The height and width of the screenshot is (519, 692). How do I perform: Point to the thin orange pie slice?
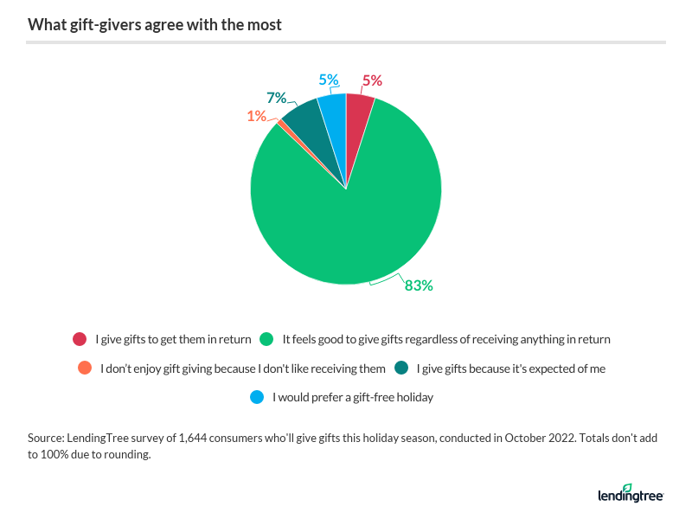pyautogui.click(x=281, y=125)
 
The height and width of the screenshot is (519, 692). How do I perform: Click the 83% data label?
pyautogui.click(x=419, y=285)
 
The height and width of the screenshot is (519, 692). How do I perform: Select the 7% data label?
pyautogui.click(x=277, y=98)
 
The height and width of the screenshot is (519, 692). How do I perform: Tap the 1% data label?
pyautogui.click(x=256, y=115)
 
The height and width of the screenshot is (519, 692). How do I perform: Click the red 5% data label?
pyautogui.click(x=372, y=81)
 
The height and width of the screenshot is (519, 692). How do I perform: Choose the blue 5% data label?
pyautogui.click(x=328, y=80)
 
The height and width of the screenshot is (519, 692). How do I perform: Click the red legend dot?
pyautogui.click(x=80, y=339)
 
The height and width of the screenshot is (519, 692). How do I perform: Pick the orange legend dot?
pyautogui.click(x=84, y=368)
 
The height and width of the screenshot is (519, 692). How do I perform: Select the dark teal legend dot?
pyautogui.click(x=401, y=368)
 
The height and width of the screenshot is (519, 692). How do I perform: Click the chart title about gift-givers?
pyautogui.click(x=155, y=24)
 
